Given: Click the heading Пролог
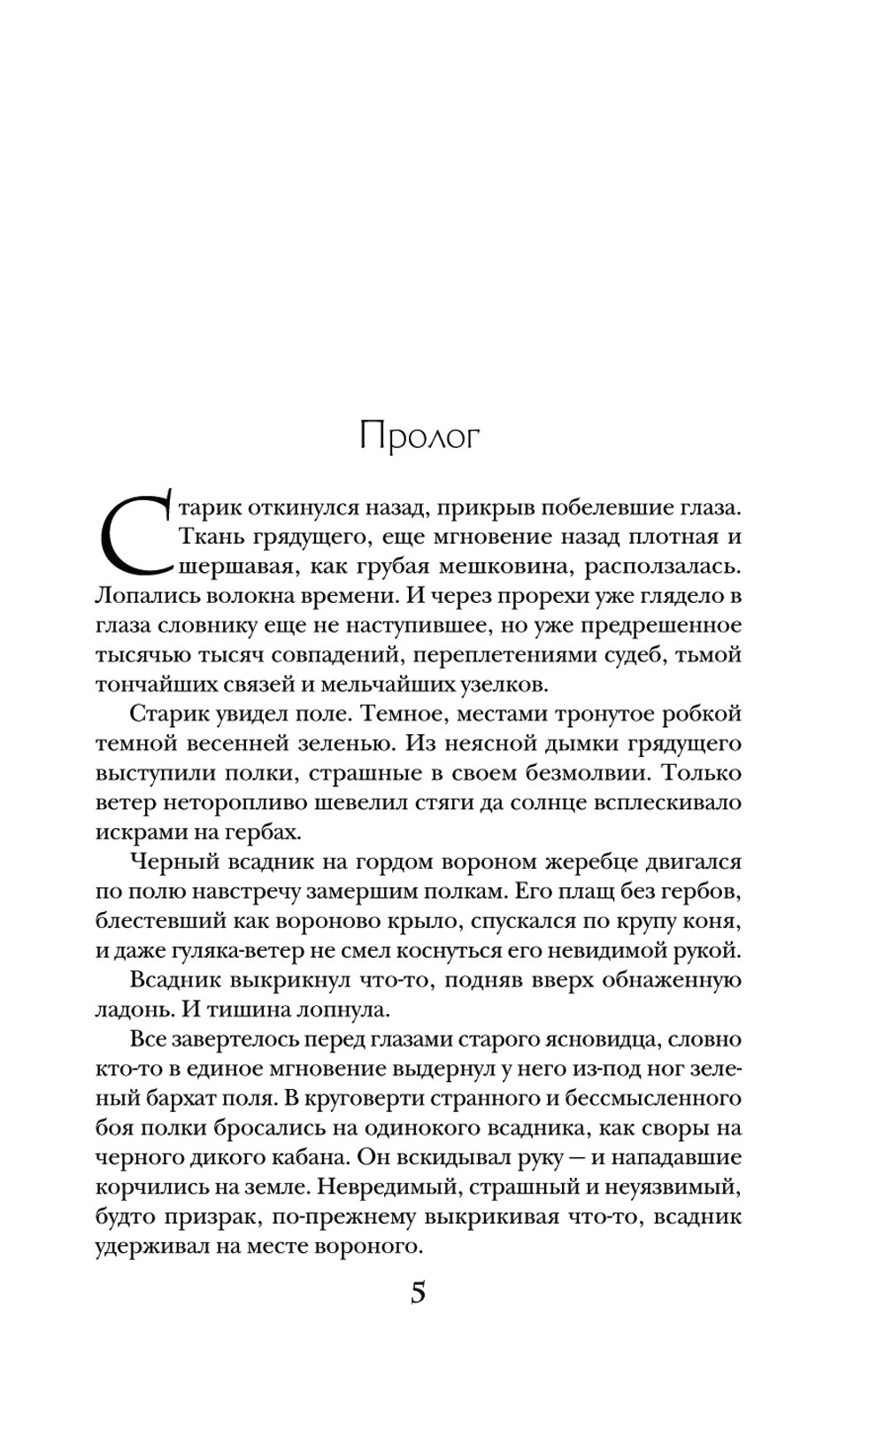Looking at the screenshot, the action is pyautogui.click(x=419, y=438).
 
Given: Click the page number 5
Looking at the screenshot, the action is pyautogui.click(x=419, y=1294).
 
